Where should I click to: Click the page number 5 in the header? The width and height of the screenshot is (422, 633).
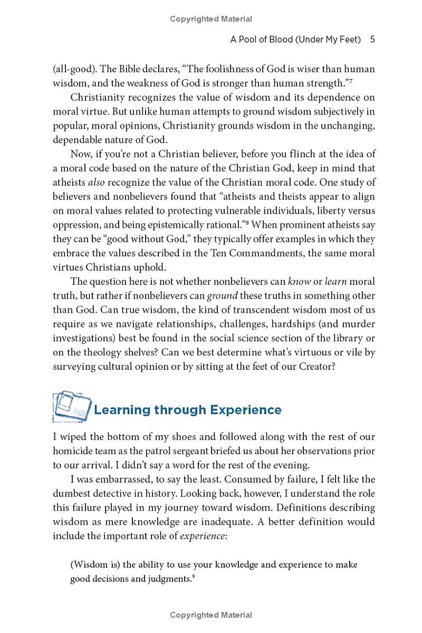pos(372,40)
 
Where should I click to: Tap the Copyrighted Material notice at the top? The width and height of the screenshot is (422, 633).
pos(211,19)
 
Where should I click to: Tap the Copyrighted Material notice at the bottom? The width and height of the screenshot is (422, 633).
pos(211,615)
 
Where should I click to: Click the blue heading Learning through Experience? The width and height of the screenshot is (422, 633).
pos(188,410)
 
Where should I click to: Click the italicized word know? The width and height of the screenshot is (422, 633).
pos(299,282)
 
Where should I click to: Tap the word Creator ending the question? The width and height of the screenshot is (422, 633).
pos(314,367)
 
